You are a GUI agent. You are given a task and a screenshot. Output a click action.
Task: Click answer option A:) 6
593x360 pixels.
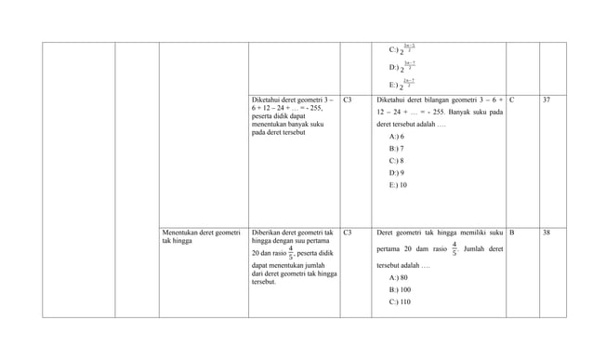(396, 137)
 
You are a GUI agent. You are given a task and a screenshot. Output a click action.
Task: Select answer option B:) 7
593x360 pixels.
(396, 149)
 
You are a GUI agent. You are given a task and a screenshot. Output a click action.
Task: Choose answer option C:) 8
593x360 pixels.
(396, 161)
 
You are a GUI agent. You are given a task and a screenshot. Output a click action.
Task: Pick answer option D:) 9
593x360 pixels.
(396, 173)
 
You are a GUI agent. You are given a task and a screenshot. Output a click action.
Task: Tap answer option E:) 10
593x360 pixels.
(398, 185)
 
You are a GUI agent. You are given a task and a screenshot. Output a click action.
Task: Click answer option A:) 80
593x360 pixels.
(398, 278)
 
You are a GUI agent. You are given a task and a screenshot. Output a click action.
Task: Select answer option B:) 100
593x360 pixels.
(400, 290)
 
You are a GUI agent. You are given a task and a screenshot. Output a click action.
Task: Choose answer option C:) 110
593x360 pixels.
(400, 302)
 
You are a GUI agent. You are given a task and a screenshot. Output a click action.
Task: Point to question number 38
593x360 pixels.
(547, 232)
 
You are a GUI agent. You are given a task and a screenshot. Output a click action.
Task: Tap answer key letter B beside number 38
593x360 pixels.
(512, 232)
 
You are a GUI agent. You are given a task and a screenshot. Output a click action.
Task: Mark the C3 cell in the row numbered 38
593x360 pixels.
(348, 232)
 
